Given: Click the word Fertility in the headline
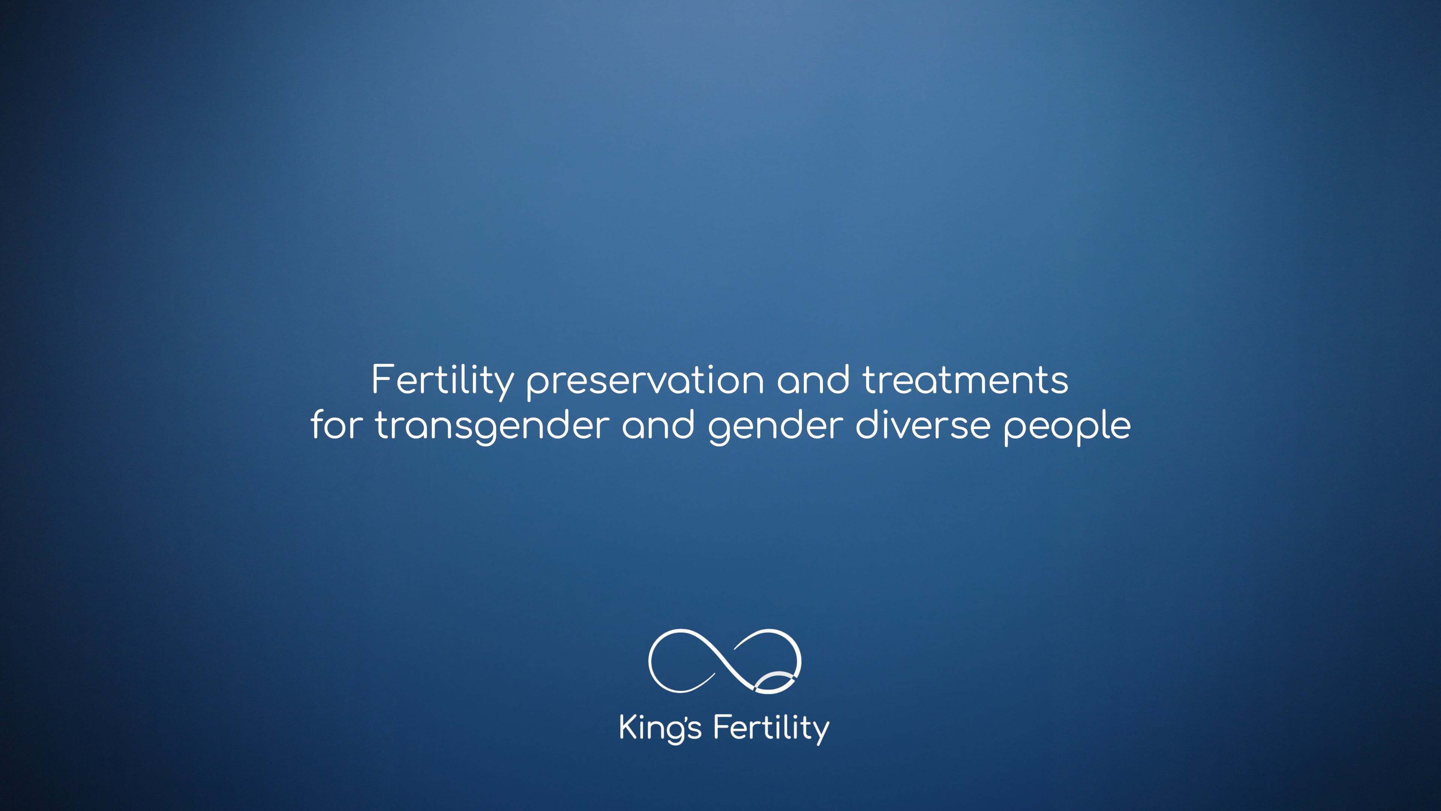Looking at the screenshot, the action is click(x=442, y=382).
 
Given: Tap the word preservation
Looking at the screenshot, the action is click(x=645, y=383).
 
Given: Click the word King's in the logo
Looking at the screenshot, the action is click(x=660, y=729).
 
